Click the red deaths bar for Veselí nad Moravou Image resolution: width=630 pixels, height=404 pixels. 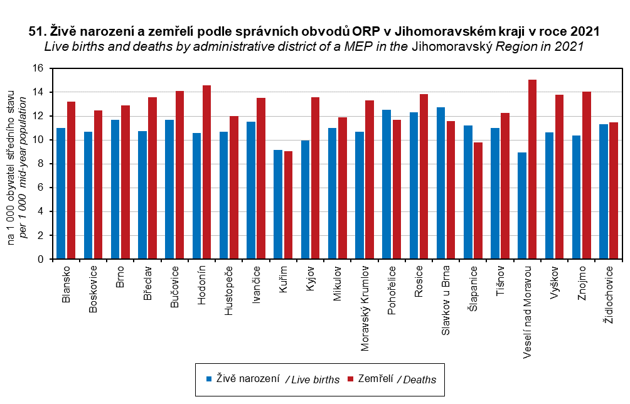pyautogui.click(x=532, y=169)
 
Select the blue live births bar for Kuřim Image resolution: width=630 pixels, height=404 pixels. pyautogui.click(x=278, y=205)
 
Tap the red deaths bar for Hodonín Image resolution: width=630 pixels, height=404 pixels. pyautogui.click(x=207, y=172)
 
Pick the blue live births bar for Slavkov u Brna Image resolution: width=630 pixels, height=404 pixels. pyautogui.click(x=440, y=183)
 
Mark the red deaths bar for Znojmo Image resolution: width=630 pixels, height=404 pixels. pyautogui.click(x=587, y=175)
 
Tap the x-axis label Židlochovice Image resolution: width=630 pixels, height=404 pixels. pyautogui.click(x=607, y=294)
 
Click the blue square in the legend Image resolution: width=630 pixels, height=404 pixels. pyautogui.click(x=210, y=379)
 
